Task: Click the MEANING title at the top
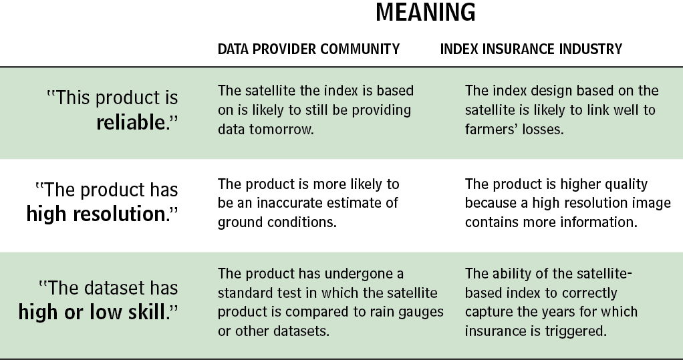[426, 12]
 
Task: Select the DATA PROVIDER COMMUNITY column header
[308, 49]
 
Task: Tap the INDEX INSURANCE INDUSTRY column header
[531, 49]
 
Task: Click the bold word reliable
[131, 122]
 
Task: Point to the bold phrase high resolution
[96, 214]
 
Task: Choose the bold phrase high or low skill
[92, 312]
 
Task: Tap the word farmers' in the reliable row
[490, 130]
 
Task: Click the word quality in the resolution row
[625, 184]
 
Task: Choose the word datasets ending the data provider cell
[301, 331]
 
